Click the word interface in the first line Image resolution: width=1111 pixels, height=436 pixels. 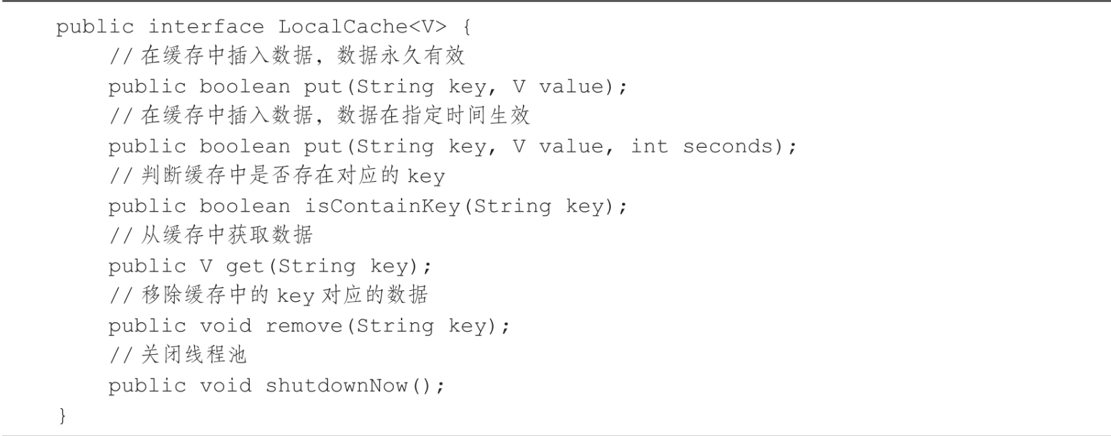click(x=206, y=27)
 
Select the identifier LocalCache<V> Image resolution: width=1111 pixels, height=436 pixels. click(x=362, y=27)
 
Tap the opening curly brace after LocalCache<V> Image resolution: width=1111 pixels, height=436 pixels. click(x=466, y=27)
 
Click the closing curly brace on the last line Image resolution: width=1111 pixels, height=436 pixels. click(x=62, y=415)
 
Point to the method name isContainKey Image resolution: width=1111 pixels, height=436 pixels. click(x=382, y=207)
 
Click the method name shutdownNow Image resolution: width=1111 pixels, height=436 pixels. click(x=336, y=386)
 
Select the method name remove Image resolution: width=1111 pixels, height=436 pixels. click(x=304, y=326)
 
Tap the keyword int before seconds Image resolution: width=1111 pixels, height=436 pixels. click(x=649, y=146)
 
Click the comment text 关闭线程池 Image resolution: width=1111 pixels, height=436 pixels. click(x=193, y=355)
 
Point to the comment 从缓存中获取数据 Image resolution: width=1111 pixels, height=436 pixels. click(x=227, y=235)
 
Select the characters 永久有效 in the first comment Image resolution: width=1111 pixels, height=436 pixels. click(x=422, y=56)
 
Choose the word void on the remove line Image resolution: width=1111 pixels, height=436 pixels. click(x=225, y=326)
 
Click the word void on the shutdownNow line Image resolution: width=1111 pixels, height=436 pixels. click(x=225, y=386)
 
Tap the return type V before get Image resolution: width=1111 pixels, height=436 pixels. click(x=206, y=267)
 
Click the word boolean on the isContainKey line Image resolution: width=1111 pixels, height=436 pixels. click(x=245, y=207)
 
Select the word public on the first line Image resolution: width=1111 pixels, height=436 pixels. click(x=95, y=27)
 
